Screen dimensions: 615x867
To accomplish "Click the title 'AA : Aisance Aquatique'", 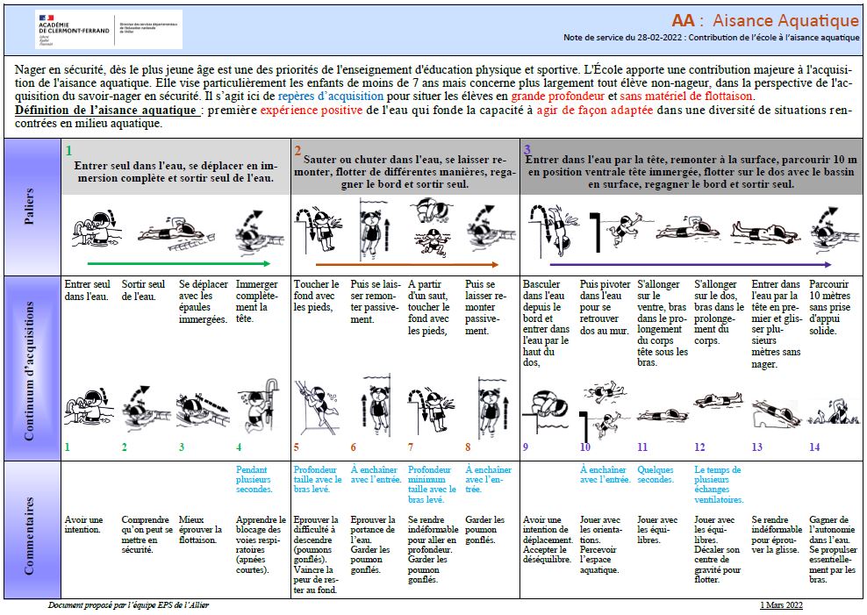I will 765,21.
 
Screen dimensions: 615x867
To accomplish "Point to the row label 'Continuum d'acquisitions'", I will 31,368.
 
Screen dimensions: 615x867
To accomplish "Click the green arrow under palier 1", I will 178,262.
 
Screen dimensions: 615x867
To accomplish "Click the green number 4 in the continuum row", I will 239,447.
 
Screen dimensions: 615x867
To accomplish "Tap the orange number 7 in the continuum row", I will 411,447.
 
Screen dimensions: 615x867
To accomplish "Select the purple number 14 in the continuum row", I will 814,447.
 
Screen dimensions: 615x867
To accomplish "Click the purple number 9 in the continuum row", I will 526,447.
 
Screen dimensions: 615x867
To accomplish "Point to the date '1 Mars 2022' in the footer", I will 781,605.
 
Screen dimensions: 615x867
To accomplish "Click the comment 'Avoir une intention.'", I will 83,525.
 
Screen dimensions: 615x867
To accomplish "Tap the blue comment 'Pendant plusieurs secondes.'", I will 257,480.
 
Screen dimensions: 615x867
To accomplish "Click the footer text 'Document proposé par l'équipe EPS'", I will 128,605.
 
